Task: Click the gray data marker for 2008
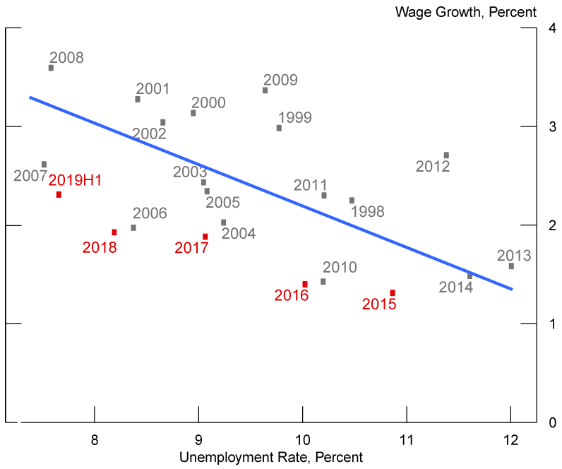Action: coord(51,68)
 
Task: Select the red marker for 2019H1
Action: coord(59,194)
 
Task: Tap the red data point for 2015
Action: coord(392,292)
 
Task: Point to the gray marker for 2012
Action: coord(446,155)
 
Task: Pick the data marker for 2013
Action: coord(511,266)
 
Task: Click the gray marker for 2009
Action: coord(265,90)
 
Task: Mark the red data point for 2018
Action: coord(114,232)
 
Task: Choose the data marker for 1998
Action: coord(352,200)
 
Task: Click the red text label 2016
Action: coord(292,296)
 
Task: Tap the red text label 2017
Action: coord(192,248)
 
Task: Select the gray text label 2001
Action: coord(153,89)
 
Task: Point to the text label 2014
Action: coord(456,287)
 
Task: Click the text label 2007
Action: coord(30,176)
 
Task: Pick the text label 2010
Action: coord(340,268)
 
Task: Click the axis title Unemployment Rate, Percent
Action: coord(270,457)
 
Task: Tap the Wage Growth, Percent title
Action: coord(466,12)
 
